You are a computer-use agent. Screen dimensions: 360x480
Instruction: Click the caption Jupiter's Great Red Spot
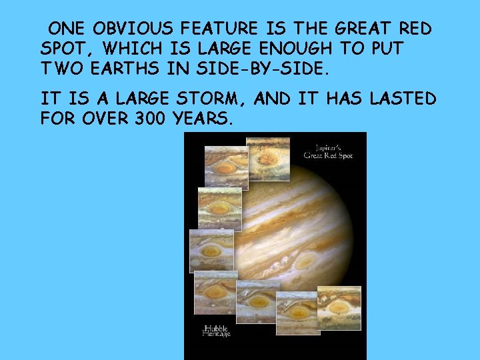tap(327, 151)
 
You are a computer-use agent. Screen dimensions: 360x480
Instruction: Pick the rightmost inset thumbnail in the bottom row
tap(339, 307)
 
